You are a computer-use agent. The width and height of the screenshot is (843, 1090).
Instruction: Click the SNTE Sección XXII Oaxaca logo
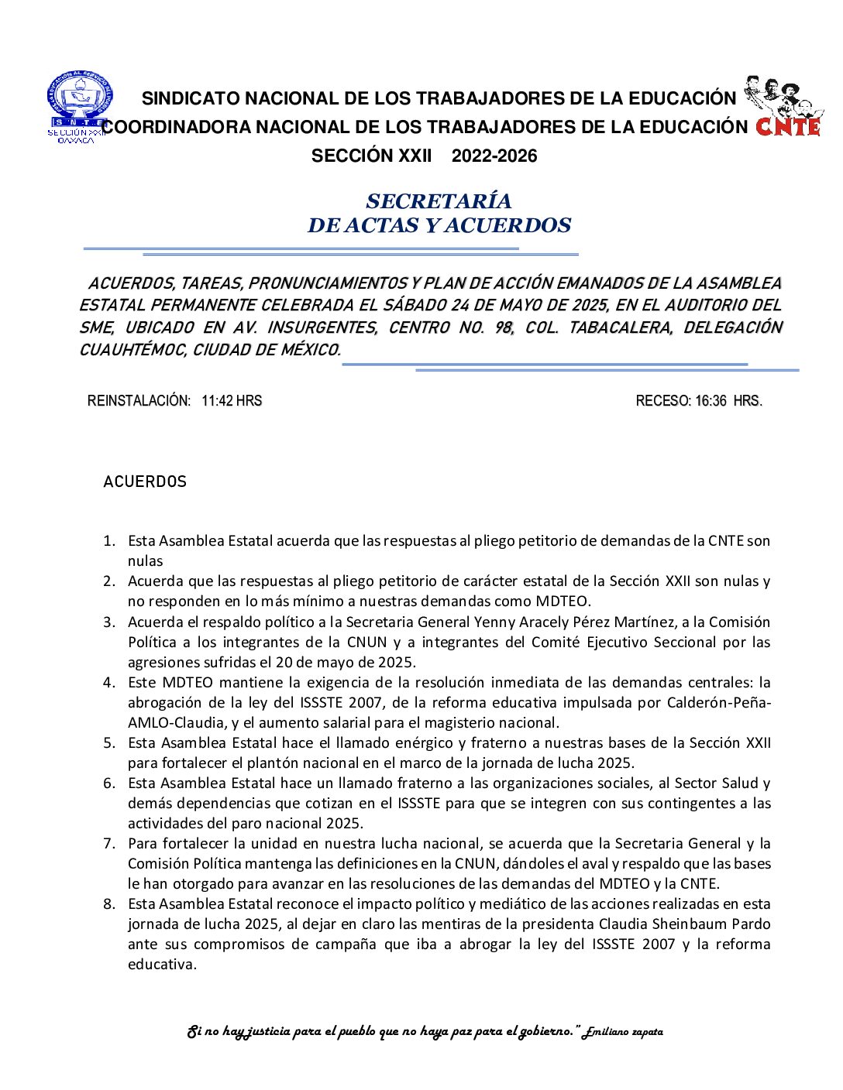point(77,107)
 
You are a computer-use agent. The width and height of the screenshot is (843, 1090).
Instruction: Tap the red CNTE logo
point(787,125)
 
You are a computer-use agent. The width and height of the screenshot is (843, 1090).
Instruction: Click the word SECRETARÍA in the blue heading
point(439,201)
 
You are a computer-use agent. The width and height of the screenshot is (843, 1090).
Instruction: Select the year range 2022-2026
point(494,156)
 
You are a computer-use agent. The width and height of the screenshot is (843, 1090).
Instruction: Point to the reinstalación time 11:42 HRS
point(232,401)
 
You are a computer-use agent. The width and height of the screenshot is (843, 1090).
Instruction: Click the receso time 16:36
point(711,401)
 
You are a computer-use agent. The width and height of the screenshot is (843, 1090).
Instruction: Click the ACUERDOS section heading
point(145,482)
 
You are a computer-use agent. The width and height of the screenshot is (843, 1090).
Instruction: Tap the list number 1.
point(109,541)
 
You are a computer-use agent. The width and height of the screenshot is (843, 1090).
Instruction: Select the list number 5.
point(109,743)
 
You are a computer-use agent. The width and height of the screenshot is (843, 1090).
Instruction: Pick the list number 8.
point(109,904)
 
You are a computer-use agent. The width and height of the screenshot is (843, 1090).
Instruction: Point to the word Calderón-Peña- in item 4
point(721,703)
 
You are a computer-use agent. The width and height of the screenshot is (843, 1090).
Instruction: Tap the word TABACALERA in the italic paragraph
point(620,327)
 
